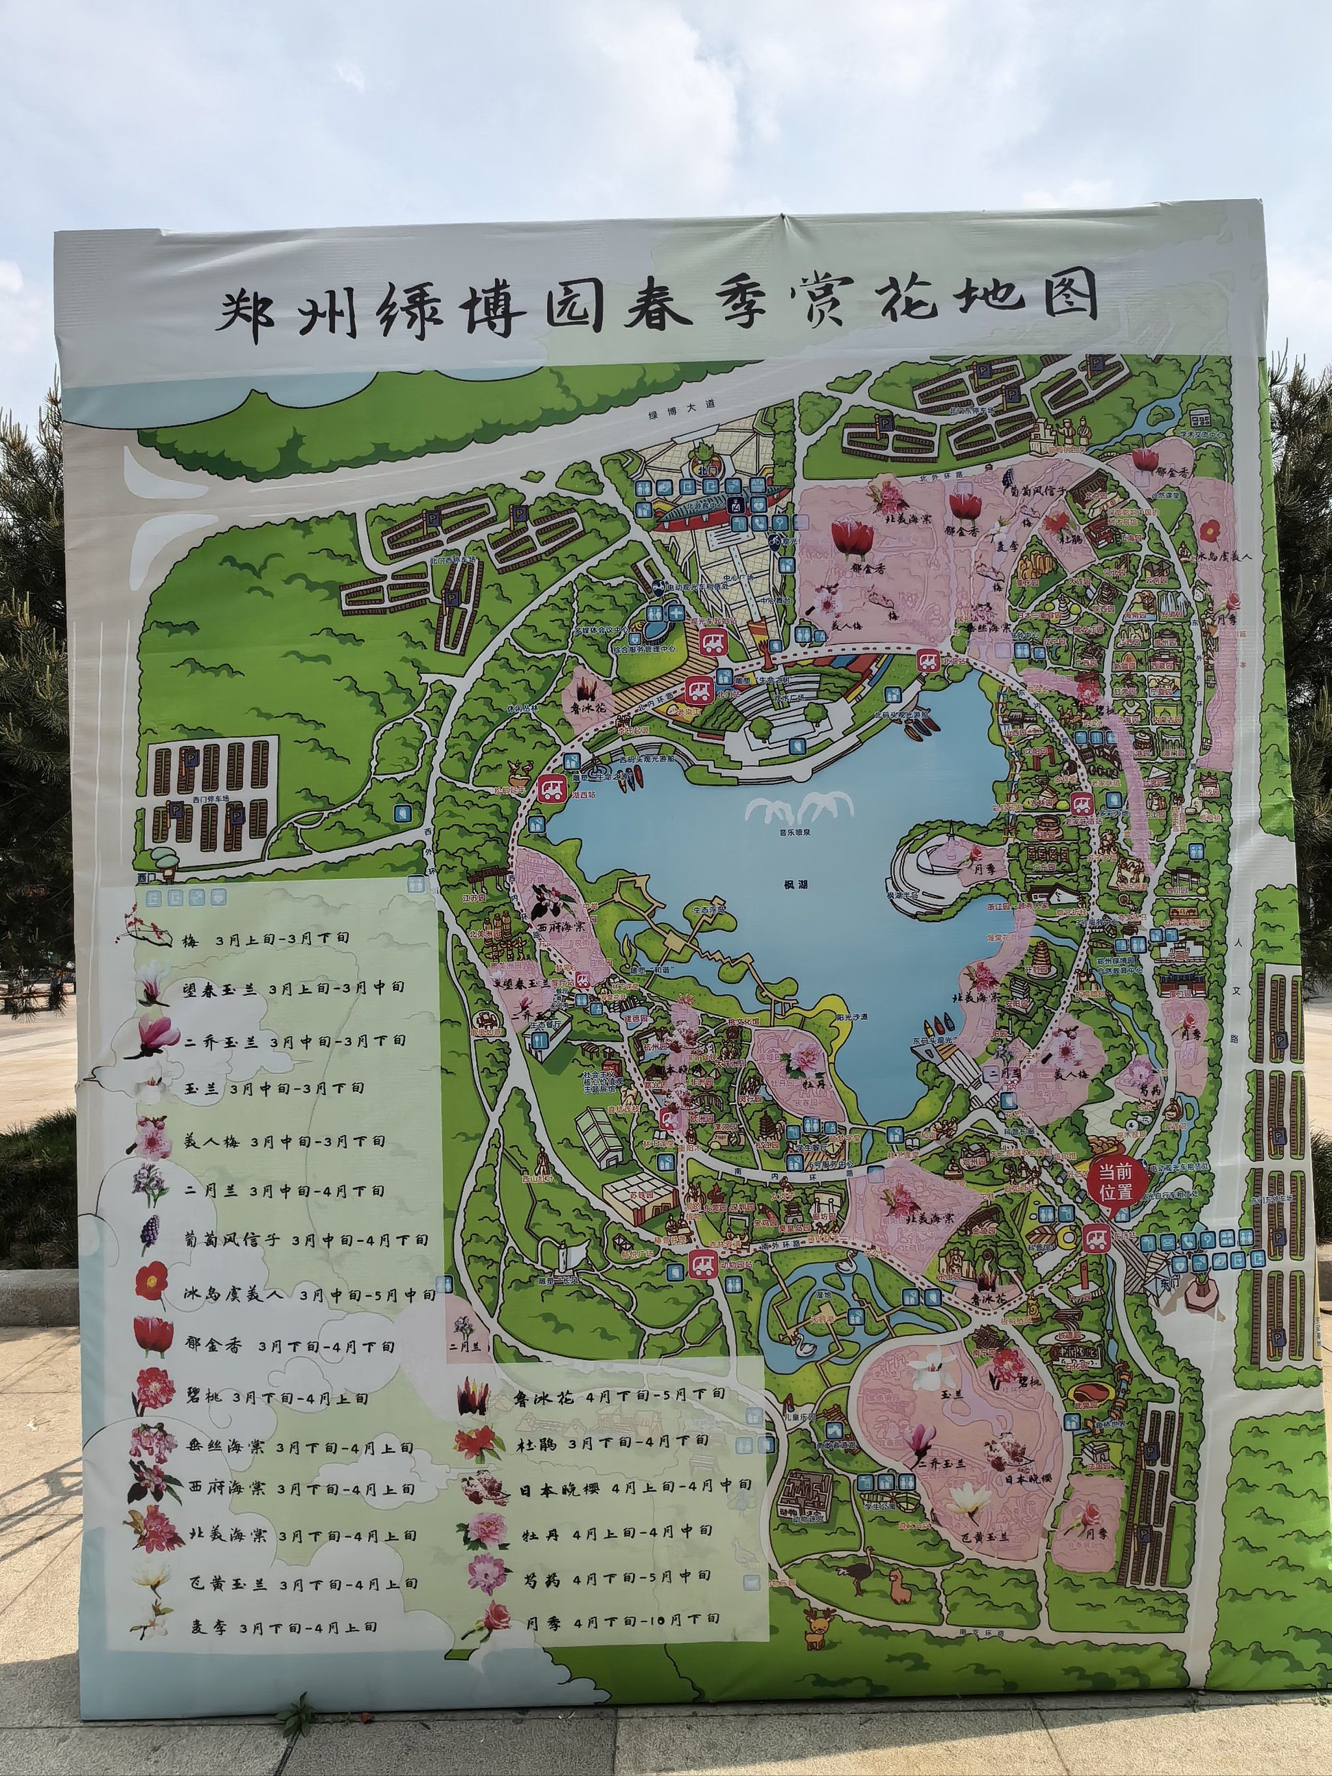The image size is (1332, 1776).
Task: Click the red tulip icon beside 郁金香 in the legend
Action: click(153, 1344)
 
